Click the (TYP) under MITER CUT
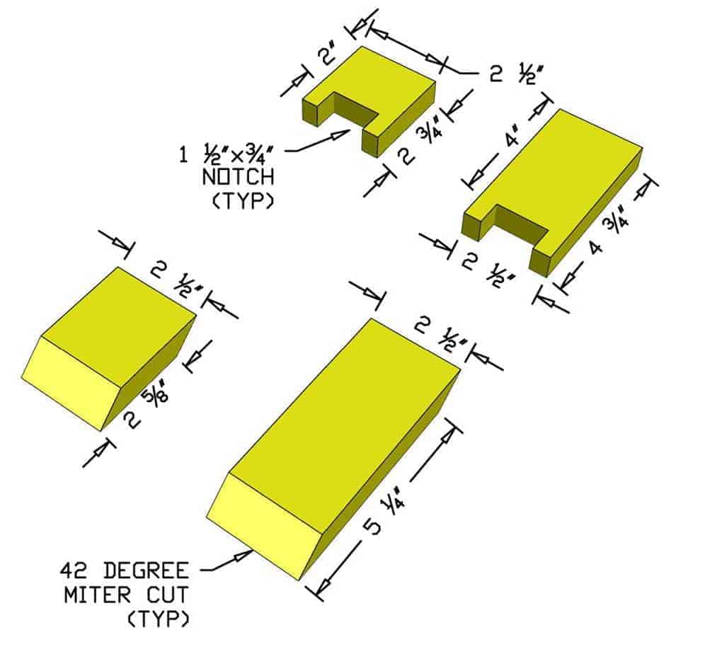click(159, 619)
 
